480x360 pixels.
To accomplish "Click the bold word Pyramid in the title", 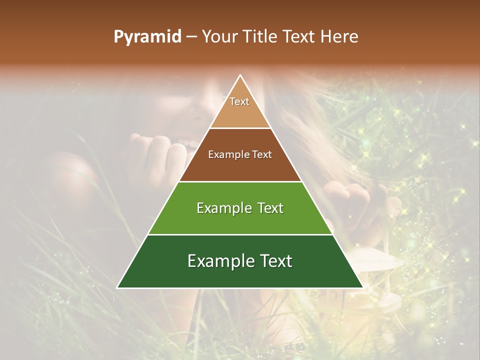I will [147, 37].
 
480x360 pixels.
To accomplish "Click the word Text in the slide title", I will [300, 36].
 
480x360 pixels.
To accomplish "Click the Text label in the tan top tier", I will [239, 102].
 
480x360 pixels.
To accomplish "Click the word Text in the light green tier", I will [270, 208].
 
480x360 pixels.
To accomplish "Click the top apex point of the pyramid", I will [240, 75].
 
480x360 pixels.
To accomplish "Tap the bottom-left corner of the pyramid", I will [117, 287].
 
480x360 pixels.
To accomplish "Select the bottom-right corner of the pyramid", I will [362, 287].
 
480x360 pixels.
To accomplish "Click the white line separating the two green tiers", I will [240, 234].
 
